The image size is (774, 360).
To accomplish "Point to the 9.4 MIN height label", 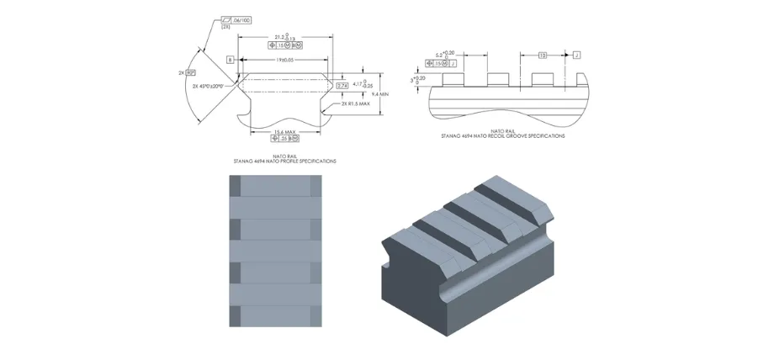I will [384, 95].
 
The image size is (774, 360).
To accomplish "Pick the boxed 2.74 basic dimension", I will [342, 85].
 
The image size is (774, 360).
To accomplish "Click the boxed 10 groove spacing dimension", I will [543, 55].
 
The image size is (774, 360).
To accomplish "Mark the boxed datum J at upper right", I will [577, 55].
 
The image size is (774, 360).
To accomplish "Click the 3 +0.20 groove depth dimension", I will [415, 80].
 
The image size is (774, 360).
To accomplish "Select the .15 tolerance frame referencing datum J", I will [446, 63].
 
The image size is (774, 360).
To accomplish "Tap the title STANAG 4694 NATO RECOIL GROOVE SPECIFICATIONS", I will [503, 135].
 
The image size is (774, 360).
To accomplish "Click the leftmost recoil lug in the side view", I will [455, 80].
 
